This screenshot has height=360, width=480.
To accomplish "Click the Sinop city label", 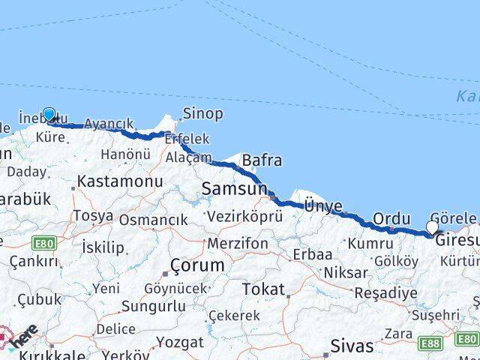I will pyautogui.click(x=202, y=114).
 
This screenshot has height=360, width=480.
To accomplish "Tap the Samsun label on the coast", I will pyautogui.click(x=233, y=190).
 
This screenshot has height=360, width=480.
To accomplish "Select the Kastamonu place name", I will pyautogui.click(x=120, y=181).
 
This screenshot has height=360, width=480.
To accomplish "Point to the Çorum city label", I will pyautogui.click(x=197, y=265).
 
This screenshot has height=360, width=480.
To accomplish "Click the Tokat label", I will pyautogui.click(x=263, y=289).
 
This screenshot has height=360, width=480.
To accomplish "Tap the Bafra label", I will pyautogui.click(x=262, y=160).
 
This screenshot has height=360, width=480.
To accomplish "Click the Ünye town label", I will pyautogui.click(x=323, y=205).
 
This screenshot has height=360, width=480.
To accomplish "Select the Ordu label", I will pyautogui.click(x=391, y=217).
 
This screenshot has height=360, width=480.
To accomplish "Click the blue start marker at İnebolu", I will pyautogui.click(x=49, y=115).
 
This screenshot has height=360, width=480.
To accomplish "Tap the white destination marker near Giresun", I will pyautogui.click(x=432, y=227).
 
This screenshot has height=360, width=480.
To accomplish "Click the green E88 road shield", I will pyautogui.click(x=430, y=343).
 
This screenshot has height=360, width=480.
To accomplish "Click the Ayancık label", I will pyautogui.click(x=109, y=124).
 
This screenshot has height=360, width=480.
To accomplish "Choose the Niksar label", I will pyautogui.click(x=346, y=272).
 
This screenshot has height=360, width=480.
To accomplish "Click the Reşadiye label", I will pyautogui.click(x=385, y=292).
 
